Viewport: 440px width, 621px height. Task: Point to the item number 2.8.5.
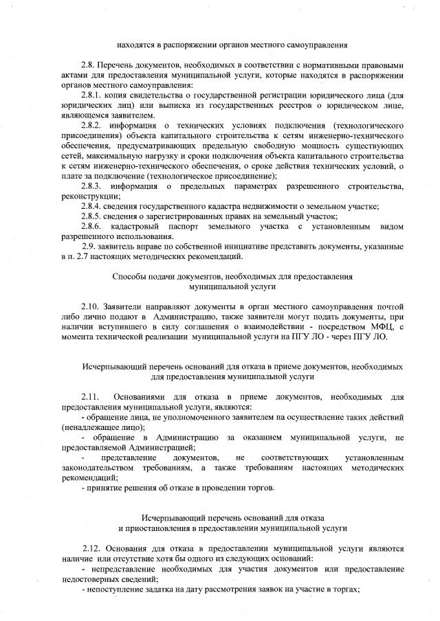[x=92, y=216]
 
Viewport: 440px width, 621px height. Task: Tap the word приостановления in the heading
[x=161, y=528]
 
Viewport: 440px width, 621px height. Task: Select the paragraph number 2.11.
[x=90, y=397]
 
